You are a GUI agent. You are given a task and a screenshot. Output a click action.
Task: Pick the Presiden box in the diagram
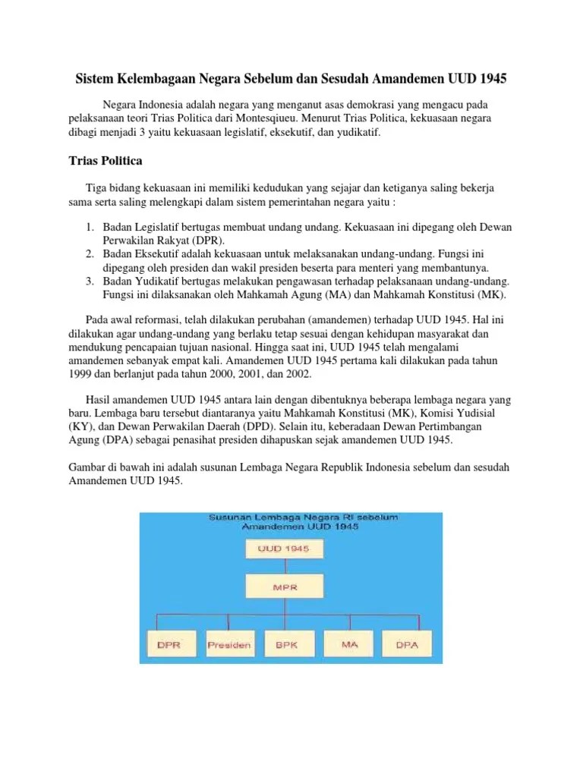(228, 645)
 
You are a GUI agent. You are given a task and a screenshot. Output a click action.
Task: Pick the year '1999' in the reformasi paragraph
(80, 374)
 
